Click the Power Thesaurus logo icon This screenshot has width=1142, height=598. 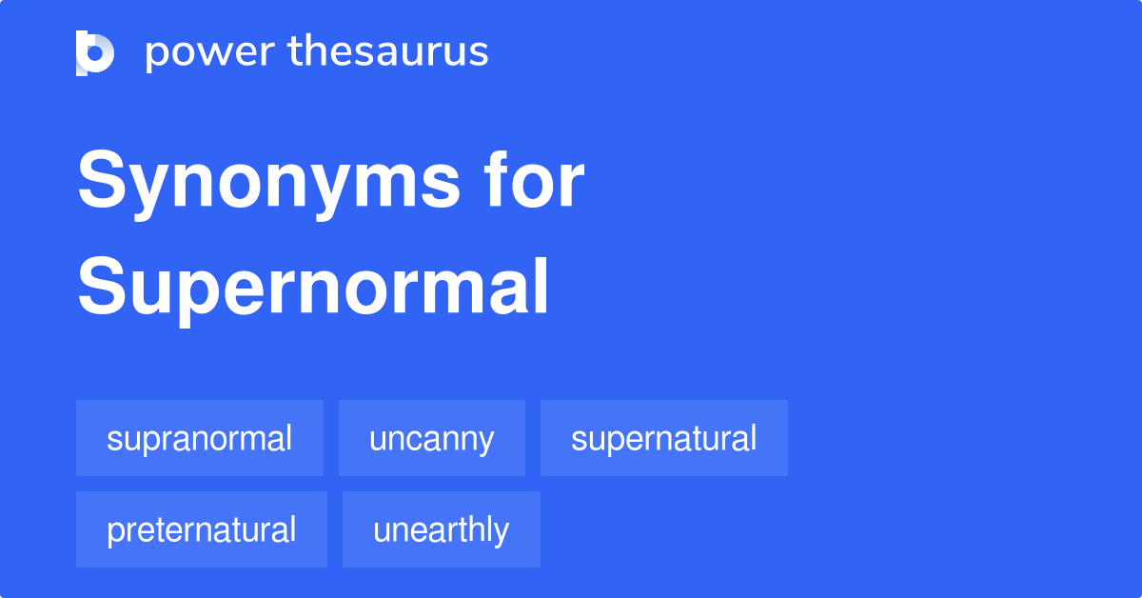[x=95, y=52]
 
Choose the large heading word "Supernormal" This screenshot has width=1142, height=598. [x=313, y=287]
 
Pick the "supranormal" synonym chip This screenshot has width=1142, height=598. [x=200, y=439]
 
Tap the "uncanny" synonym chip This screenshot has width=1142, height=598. [x=432, y=439]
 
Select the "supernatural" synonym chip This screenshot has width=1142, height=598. [x=663, y=439]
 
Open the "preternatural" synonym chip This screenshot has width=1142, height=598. [x=202, y=529]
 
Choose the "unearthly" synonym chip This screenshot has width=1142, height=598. [x=441, y=529]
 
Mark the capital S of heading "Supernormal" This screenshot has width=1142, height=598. [x=99, y=287]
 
